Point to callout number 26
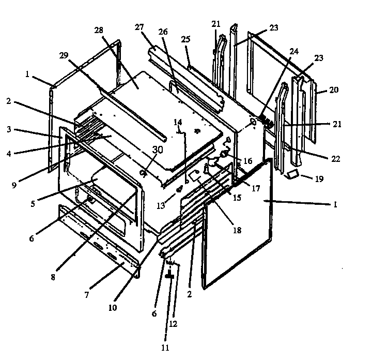pyautogui.click(x=164, y=31)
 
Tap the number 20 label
pyautogui.click(x=334, y=89)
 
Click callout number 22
pyautogui.click(x=335, y=159)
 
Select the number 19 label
pyautogui.click(x=319, y=179)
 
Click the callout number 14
pyautogui.click(x=178, y=123)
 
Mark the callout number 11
pyautogui.click(x=165, y=348)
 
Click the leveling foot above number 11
pyautogui.click(x=168, y=277)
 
